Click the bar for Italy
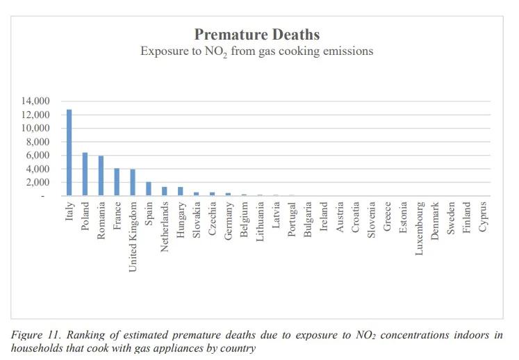[x=69, y=152]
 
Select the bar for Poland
[x=85, y=174]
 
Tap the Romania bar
[x=101, y=176]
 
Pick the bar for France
[x=117, y=182]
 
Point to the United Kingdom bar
[x=133, y=183]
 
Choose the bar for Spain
[x=149, y=189]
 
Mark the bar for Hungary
[x=181, y=191]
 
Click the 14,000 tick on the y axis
[x=35, y=101]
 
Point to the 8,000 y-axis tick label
[x=38, y=142]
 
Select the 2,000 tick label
[x=38, y=182]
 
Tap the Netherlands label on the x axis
[x=165, y=227]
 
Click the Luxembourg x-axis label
[x=419, y=229]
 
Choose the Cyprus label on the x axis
[x=483, y=217]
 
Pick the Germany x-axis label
[x=229, y=221]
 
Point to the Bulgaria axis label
[x=308, y=220]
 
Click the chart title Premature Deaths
[x=257, y=35]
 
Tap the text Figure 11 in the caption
[x=35, y=335]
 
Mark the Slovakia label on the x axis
[x=197, y=220]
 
